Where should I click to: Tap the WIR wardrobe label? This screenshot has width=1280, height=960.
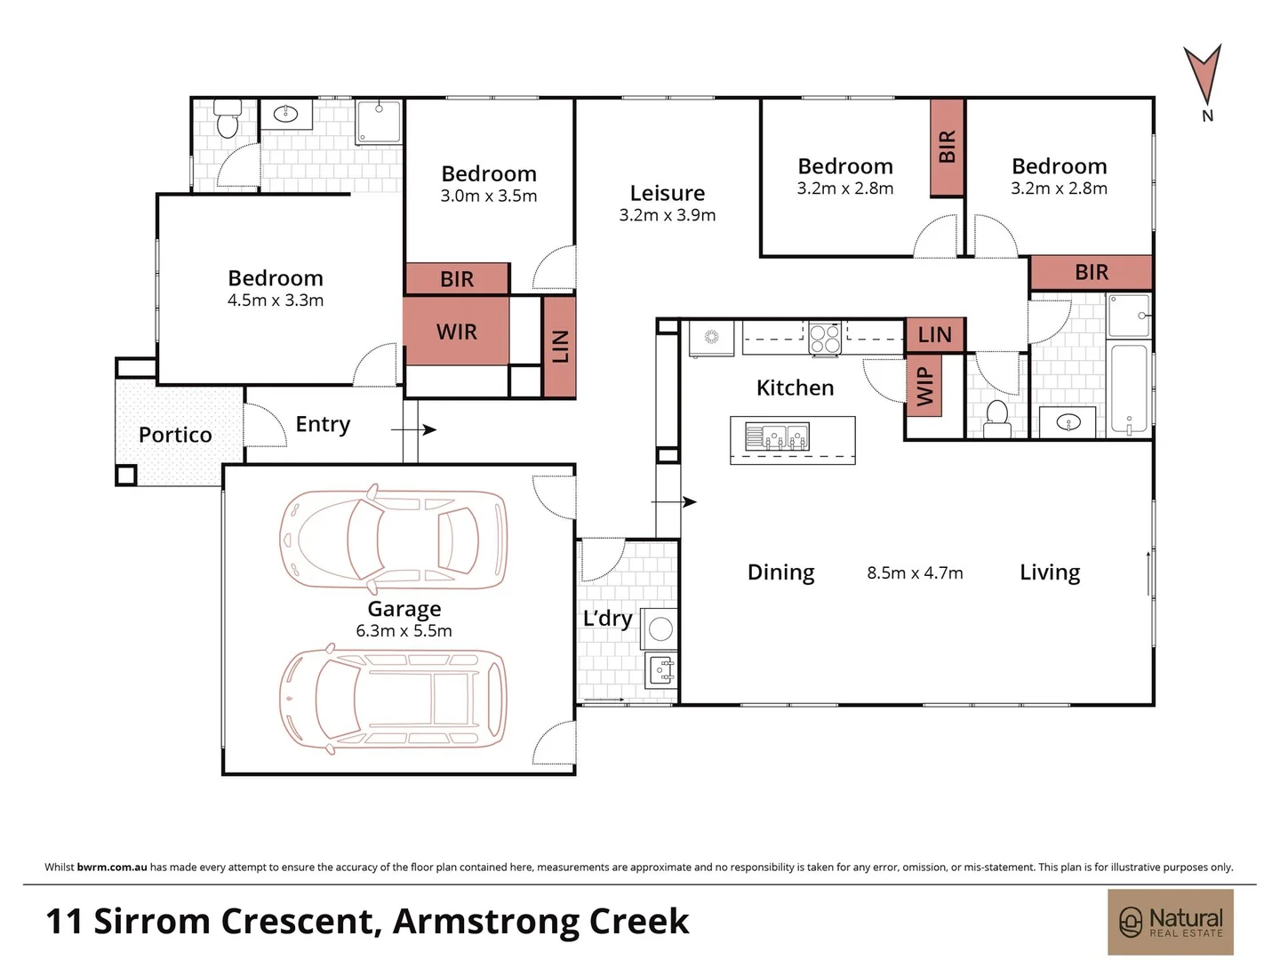click(456, 332)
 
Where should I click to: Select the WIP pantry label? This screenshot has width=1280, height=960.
click(924, 385)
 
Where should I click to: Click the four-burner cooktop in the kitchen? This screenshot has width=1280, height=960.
click(824, 338)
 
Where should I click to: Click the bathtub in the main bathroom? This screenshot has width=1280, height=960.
click(1129, 389)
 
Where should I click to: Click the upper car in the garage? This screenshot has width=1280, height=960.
click(394, 539)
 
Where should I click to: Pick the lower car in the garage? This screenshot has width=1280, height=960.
click(394, 698)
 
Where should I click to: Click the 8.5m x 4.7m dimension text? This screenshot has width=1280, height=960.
click(915, 573)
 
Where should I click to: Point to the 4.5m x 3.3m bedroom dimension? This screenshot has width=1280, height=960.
click(276, 300)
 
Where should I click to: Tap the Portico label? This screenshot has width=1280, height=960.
click(175, 435)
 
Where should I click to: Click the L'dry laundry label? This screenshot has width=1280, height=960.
click(608, 618)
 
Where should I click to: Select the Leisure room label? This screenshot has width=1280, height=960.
click(667, 193)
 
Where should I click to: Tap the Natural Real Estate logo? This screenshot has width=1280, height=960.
click(1170, 922)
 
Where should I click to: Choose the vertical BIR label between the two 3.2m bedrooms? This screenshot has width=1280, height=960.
click(947, 148)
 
